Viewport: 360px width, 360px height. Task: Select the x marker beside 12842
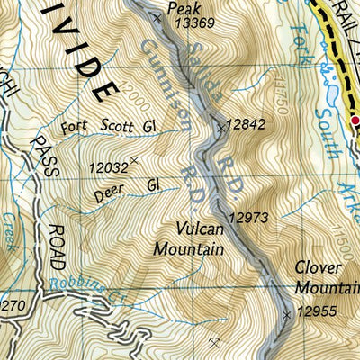click(221, 128)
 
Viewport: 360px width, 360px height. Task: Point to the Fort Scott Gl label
click(109, 129)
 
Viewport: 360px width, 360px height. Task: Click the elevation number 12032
click(107, 166)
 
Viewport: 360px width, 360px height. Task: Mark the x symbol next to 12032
click(135, 161)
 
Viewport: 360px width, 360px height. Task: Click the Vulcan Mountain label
click(188, 239)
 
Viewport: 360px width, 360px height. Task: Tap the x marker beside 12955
click(287, 314)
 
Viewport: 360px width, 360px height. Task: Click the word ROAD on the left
click(57, 247)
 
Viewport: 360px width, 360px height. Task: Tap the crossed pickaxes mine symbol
click(213, 342)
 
